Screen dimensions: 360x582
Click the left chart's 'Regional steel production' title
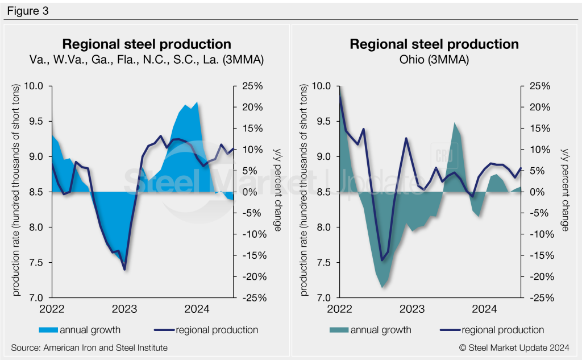[x=146, y=44]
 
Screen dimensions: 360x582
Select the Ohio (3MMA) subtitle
[x=434, y=60]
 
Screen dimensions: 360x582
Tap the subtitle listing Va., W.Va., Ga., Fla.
[x=146, y=60]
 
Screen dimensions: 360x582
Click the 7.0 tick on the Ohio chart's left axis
[x=325, y=298]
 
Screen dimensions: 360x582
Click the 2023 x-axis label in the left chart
[x=124, y=309]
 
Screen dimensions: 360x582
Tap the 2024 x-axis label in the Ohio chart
[x=485, y=309]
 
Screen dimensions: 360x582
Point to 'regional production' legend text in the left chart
[x=217, y=330]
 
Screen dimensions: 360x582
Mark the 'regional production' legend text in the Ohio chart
[x=502, y=330]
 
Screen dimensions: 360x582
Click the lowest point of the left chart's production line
[x=124, y=269]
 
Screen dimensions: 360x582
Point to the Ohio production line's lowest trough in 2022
[x=382, y=260]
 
